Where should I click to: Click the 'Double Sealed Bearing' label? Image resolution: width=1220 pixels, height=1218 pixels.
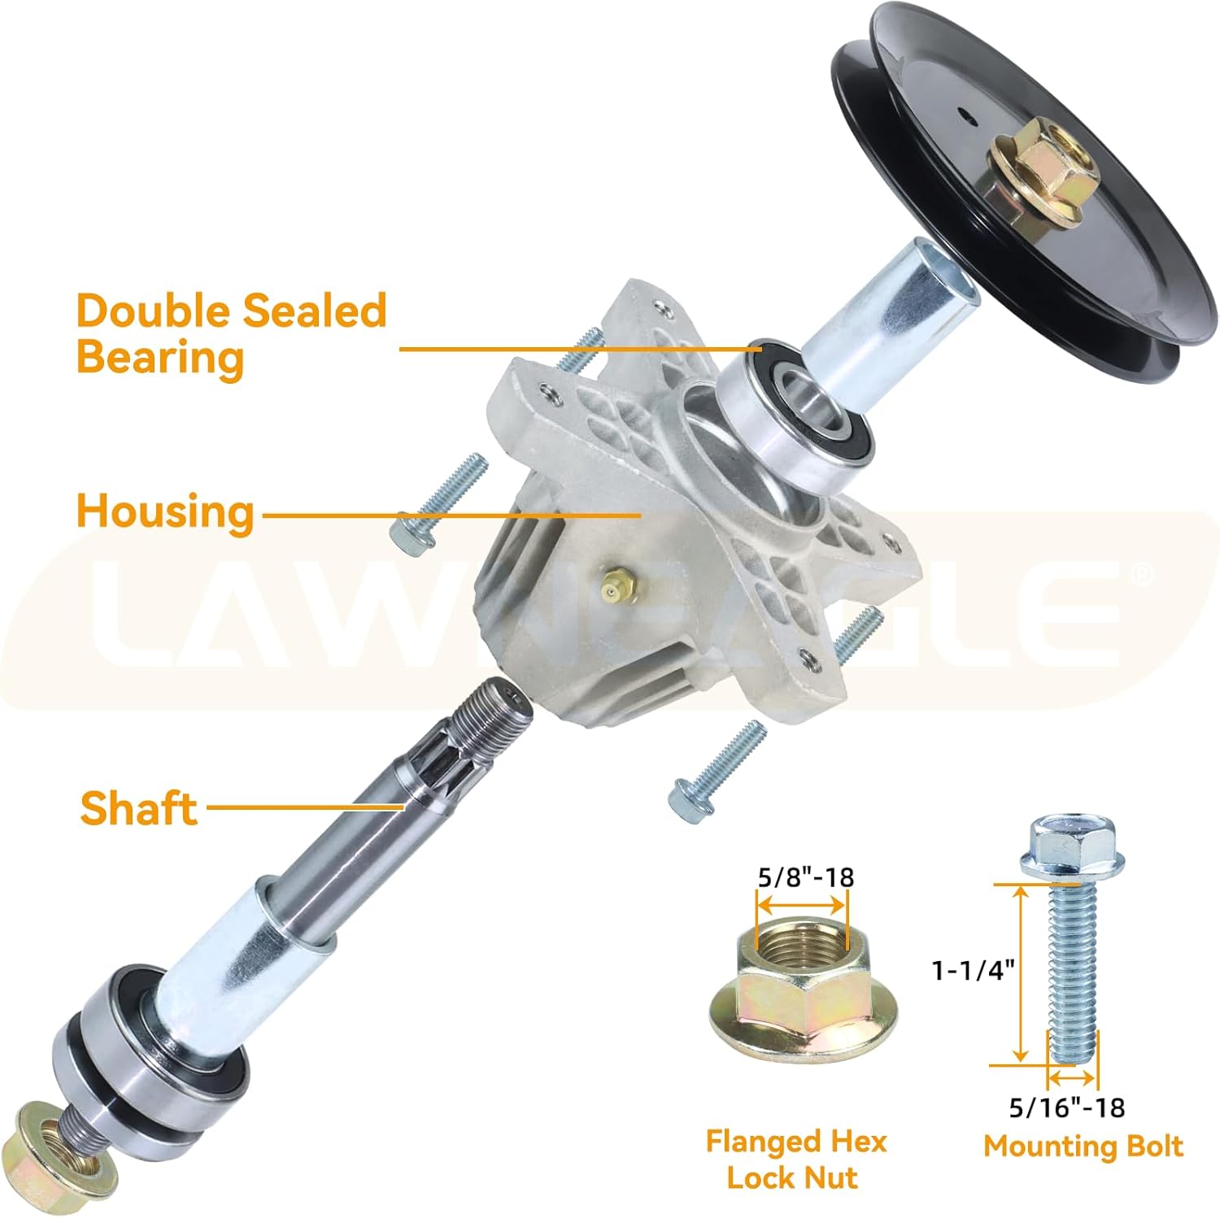coord(232,333)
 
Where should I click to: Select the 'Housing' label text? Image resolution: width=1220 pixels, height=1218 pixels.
coord(165,511)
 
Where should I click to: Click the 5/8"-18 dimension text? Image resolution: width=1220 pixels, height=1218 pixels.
coord(805,877)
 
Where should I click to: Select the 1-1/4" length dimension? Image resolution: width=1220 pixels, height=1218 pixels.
coord(974,969)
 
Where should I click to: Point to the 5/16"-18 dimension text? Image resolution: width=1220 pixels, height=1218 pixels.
coord(1066,1107)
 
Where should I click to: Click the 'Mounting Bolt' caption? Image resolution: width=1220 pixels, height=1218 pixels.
coord(1083,1146)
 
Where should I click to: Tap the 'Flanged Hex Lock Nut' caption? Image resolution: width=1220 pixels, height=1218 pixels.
coord(795,1159)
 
